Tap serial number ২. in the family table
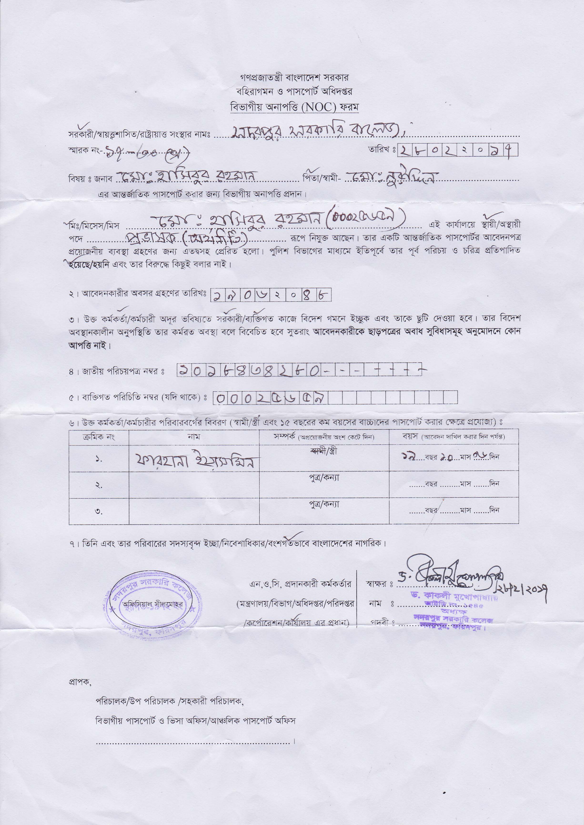[99, 485]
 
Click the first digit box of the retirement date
[217, 296]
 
